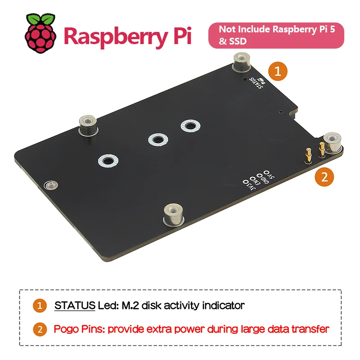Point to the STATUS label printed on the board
pyautogui.click(x=256, y=82)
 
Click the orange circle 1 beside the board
pyautogui.click(x=278, y=72)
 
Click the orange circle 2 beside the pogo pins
pyautogui.click(x=324, y=177)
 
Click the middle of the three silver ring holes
pyautogui.click(x=156, y=139)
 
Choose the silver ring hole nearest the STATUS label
pyautogui.click(x=189, y=126)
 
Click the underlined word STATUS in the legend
pyautogui.click(x=74, y=306)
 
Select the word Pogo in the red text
pyautogui.click(x=66, y=328)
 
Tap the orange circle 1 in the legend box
pyautogui.click(x=40, y=306)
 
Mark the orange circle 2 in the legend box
pyautogui.click(x=40, y=329)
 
